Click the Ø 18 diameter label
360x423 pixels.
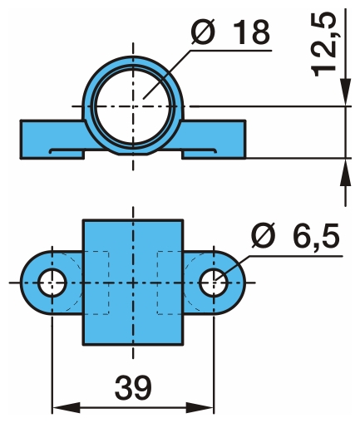coord(230,32)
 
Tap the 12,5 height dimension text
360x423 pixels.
coord(323,44)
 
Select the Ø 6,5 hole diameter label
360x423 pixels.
coord(295,235)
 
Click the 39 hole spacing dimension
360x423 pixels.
coord(133,387)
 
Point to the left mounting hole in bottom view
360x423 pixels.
coord(52,283)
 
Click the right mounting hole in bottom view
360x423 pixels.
coord(214,283)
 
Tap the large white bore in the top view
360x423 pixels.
coord(133,106)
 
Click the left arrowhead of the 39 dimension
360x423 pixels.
coord(66,408)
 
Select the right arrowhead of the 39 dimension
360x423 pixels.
coord(200,408)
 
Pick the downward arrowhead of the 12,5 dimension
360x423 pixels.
coord(346,92)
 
